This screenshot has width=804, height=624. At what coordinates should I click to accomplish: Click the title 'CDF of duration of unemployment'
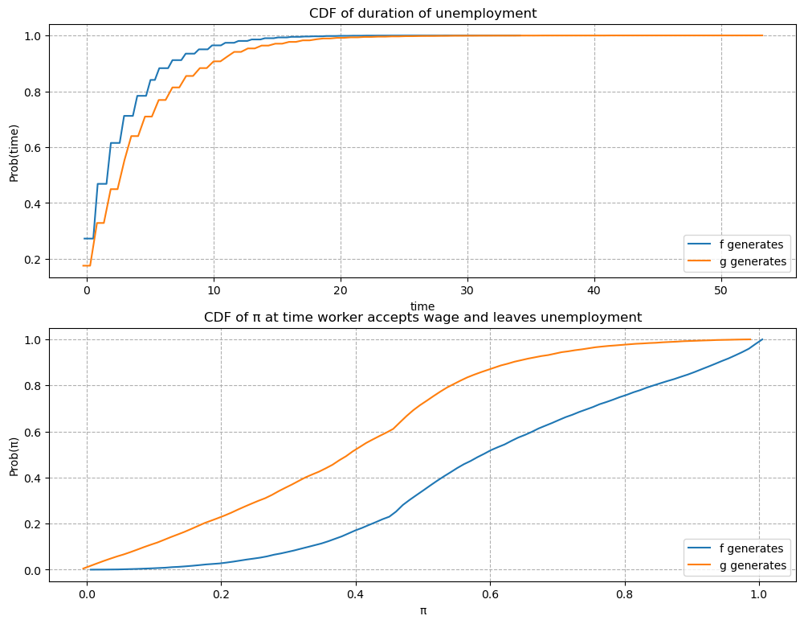click(x=422, y=13)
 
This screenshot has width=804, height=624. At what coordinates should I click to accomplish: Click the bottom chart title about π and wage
click(x=422, y=317)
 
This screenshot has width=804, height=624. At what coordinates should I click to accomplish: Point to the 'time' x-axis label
click(x=422, y=306)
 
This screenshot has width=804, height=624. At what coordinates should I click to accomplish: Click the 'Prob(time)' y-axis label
click(x=14, y=151)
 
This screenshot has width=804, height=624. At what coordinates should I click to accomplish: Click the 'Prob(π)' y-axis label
click(x=14, y=454)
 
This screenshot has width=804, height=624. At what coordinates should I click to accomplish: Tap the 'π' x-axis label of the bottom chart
click(x=422, y=610)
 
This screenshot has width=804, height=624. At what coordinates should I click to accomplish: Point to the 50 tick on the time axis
click(x=721, y=290)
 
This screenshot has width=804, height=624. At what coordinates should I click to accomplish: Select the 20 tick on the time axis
click(x=341, y=290)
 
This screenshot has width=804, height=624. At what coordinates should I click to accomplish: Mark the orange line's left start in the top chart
click(x=83, y=265)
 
